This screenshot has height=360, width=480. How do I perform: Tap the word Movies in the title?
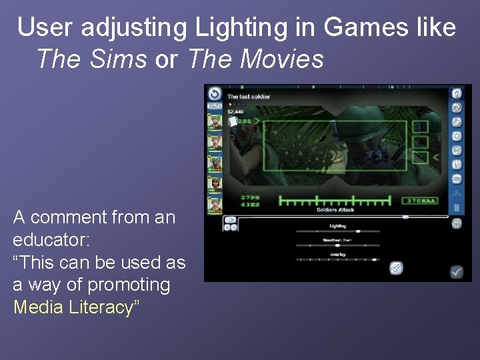[x=282, y=59]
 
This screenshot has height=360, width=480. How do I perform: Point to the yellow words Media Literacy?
[x=73, y=307]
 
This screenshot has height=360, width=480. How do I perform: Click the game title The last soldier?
[x=249, y=97]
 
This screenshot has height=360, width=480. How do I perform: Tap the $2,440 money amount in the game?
[x=235, y=112]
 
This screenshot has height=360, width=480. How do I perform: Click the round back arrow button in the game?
[x=214, y=94]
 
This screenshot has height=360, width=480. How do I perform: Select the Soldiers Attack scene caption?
[x=336, y=210]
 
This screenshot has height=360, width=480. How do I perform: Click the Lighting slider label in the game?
[x=337, y=226]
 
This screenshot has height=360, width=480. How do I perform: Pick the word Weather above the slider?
[x=331, y=240]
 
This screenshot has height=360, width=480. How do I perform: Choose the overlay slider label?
[x=337, y=254]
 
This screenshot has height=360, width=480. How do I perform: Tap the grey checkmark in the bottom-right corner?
[x=457, y=271]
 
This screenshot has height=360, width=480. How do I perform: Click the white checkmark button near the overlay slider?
[x=396, y=268]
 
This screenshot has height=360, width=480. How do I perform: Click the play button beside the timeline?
[x=230, y=219]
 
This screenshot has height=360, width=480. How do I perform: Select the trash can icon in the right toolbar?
[x=457, y=208]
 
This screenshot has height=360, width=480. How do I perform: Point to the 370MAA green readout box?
[x=419, y=200]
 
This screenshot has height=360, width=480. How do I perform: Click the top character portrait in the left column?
[x=214, y=122]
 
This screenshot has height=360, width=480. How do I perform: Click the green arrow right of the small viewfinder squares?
[x=436, y=157]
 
